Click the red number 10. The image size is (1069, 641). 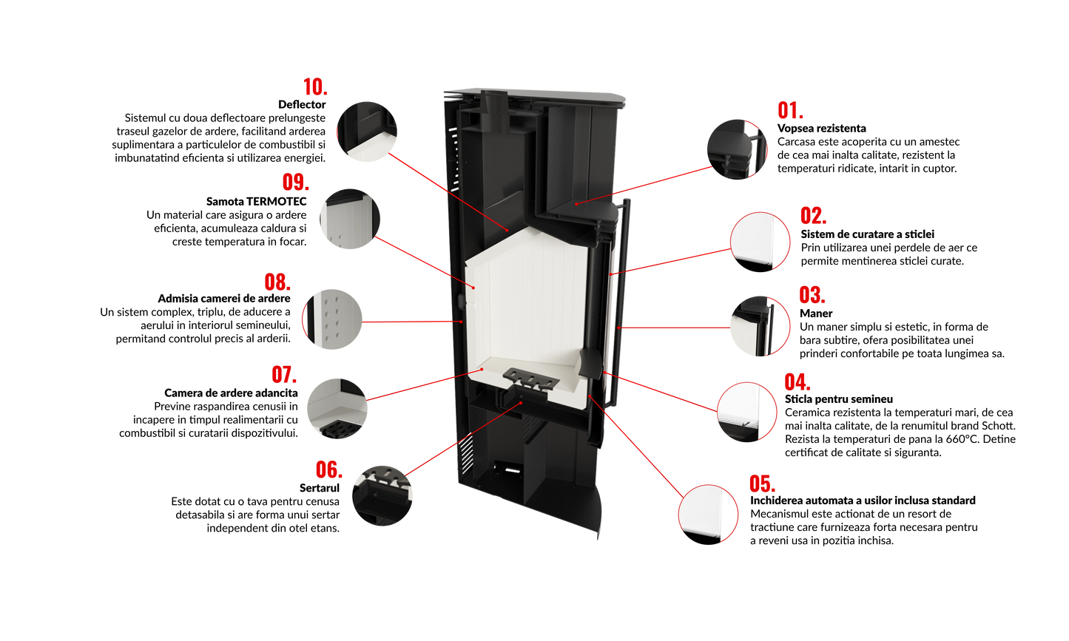(x=315, y=87)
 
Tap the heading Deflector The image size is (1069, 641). (x=302, y=104)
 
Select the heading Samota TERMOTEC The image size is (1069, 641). (x=256, y=201)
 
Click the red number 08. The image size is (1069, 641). (x=277, y=282)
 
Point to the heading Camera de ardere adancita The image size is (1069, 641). (x=231, y=393)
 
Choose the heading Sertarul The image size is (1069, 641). (x=320, y=488)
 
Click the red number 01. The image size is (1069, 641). (x=790, y=111)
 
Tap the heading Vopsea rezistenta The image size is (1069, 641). (x=821, y=129)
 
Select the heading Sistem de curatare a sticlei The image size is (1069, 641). (x=867, y=234)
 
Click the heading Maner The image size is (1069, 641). (x=815, y=313)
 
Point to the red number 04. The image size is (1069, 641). (x=797, y=382)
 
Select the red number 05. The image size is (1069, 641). (x=762, y=484)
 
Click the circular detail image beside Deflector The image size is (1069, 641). (x=367, y=132)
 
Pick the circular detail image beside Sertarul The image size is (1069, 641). (x=382, y=496)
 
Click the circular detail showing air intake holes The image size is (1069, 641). (x=332, y=319)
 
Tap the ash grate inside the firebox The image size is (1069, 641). (x=531, y=379)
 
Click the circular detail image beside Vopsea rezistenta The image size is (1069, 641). (x=738, y=149)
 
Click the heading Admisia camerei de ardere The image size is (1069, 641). (x=224, y=299)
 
